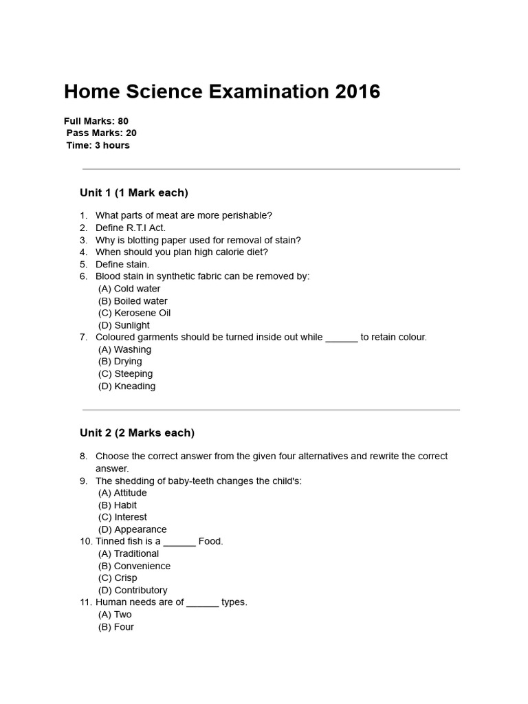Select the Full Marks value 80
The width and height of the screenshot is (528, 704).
tap(123, 121)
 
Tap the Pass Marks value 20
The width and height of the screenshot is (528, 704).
tap(131, 133)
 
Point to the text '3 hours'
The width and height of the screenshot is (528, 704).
tap(112, 146)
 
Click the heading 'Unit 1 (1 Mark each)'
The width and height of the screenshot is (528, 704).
tap(134, 192)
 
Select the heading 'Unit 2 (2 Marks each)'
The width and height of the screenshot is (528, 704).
tap(137, 433)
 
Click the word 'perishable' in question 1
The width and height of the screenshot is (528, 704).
tap(248, 216)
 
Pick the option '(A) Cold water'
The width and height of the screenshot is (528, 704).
tap(129, 289)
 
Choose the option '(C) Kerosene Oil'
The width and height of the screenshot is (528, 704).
tap(134, 313)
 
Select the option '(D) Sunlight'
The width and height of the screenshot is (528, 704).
tap(124, 325)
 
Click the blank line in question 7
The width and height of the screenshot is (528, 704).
tap(341, 338)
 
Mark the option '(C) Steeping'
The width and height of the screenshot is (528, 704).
tap(125, 374)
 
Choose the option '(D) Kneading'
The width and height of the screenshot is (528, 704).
tap(126, 386)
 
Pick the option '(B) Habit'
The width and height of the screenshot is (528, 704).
tap(118, 505)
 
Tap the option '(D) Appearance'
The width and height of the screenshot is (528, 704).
tap(132, 529)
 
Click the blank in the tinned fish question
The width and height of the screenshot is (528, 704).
tap(179, 542)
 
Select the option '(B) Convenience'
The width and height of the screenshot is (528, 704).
tap(134, 566)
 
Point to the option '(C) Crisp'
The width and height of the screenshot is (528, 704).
tap(118, 578)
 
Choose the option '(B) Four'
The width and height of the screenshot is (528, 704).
tap(116, 627)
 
